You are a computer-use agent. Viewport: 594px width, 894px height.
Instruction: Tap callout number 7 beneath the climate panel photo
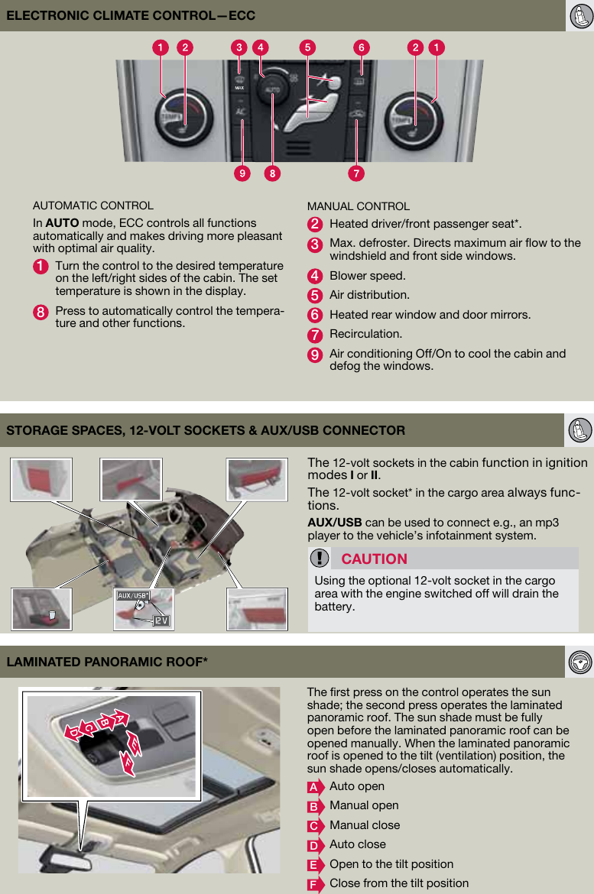[355, 173]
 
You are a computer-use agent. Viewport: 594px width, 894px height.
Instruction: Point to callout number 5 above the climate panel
[308, 47]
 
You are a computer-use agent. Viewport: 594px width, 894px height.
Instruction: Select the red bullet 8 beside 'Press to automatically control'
[41, 312]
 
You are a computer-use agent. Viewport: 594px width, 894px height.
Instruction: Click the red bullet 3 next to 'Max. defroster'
[314, 245]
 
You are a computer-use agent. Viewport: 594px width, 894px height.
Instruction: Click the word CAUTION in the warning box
[374, 559]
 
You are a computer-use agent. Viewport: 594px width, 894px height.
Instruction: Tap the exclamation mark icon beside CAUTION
[323, 559]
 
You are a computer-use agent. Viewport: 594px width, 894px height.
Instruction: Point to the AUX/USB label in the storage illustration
[132, 595]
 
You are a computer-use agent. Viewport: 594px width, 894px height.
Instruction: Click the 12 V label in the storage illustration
[161, 620]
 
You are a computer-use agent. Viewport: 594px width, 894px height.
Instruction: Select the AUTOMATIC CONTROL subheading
[93, 206]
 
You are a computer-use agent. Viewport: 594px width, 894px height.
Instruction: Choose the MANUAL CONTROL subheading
[358, 206]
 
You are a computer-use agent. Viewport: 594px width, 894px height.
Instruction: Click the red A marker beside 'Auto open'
[313, 787]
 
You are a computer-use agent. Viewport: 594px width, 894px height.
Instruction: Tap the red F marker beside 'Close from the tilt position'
[313, 884]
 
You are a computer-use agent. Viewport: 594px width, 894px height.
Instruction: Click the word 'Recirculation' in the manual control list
[365, 334]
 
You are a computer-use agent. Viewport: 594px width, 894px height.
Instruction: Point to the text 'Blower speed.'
[367, 275]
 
